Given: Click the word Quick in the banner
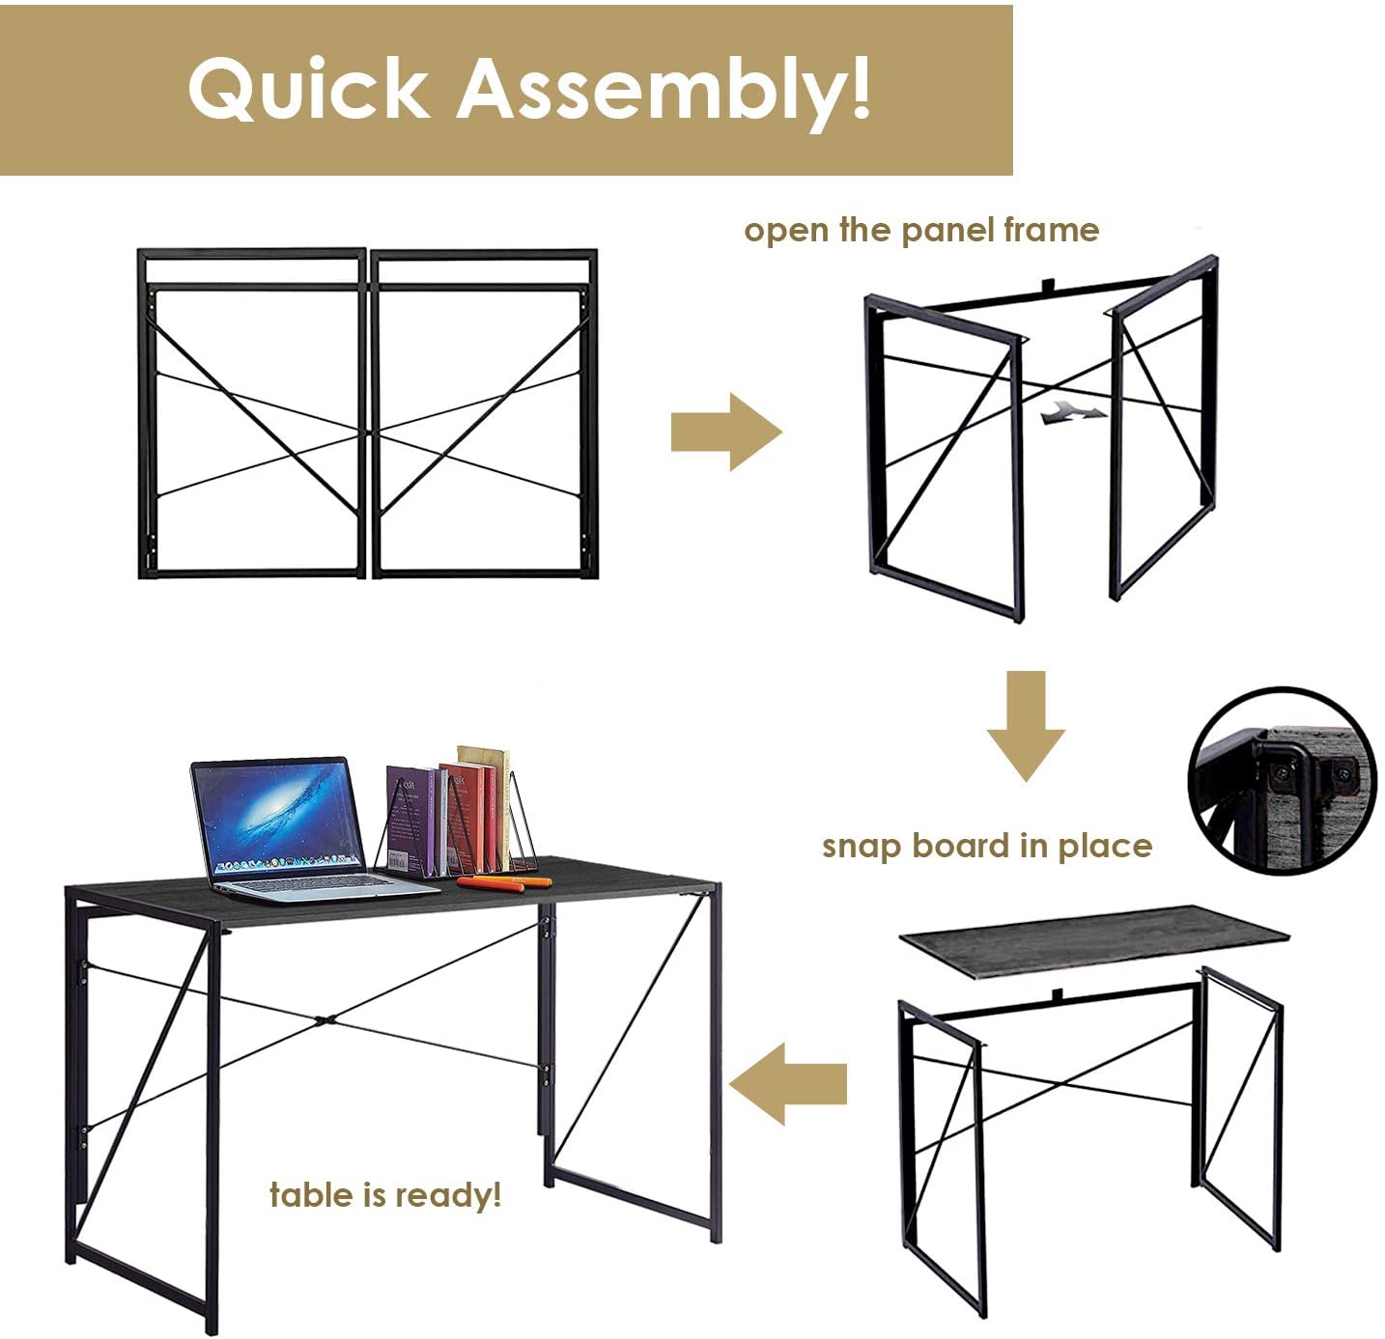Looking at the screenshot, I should point(307,89).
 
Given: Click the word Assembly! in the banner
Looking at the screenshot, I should point(664,89).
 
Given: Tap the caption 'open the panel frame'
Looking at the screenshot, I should point(920,230).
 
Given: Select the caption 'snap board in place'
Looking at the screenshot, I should point(986,846).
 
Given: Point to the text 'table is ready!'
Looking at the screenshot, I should point(385,1194).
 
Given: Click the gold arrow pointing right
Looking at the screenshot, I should point(725,432).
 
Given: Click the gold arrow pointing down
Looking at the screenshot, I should point(1026,724).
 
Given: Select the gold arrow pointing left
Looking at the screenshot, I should point(788,1083).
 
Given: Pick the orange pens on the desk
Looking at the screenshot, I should point(502,882).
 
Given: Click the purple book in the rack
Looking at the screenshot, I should point(411,821).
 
